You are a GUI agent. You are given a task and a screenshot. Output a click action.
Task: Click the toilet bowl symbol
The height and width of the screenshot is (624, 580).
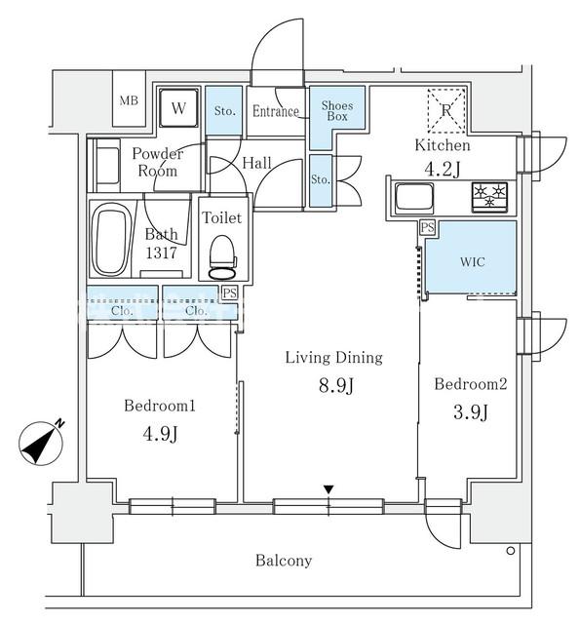click(222, 257)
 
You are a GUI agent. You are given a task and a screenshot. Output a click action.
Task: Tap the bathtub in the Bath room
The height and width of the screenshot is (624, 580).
click(110, 239)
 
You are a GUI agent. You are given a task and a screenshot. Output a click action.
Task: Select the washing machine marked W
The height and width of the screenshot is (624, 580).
click(178, 107)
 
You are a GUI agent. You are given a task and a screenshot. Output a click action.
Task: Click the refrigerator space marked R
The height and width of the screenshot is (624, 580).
click(445, 110)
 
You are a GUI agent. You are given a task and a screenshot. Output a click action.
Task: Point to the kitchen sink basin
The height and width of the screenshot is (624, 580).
click(414, 197)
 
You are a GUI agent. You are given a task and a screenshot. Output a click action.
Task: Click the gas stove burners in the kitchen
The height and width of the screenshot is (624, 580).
click(489, 196)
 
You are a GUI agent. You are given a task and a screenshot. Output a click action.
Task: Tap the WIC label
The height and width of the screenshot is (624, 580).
click(472, 262)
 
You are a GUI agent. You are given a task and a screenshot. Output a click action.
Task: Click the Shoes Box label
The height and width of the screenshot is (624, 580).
click(337, 111)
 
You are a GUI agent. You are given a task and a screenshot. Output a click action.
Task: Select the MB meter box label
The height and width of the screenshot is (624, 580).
click(129, 100)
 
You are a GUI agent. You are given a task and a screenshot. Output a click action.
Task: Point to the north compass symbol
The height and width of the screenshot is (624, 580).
click(42, 442)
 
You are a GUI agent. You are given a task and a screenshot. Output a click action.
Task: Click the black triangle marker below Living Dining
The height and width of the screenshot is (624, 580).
click(329, 489)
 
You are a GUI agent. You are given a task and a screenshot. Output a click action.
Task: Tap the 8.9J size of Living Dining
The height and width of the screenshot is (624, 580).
click(336, 385)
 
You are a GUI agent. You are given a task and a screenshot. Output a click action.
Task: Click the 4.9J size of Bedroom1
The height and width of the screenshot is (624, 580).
click(160, 434)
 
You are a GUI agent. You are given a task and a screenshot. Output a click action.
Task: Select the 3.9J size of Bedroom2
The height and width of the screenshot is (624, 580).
click(471, 412)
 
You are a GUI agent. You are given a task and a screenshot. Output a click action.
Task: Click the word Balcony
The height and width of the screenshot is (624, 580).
click(284, 561)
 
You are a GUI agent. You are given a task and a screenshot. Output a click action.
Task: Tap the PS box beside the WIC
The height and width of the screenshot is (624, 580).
click(427, 227)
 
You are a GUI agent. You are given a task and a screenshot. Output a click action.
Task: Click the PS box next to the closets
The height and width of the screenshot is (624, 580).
click(229, 293)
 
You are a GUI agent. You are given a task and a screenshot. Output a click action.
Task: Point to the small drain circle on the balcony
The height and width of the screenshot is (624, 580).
click(511, 551)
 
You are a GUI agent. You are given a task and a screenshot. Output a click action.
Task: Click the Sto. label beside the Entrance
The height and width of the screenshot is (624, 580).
click(225, 110)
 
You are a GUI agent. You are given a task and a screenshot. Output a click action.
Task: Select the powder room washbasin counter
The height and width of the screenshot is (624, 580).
click(104, 165)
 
